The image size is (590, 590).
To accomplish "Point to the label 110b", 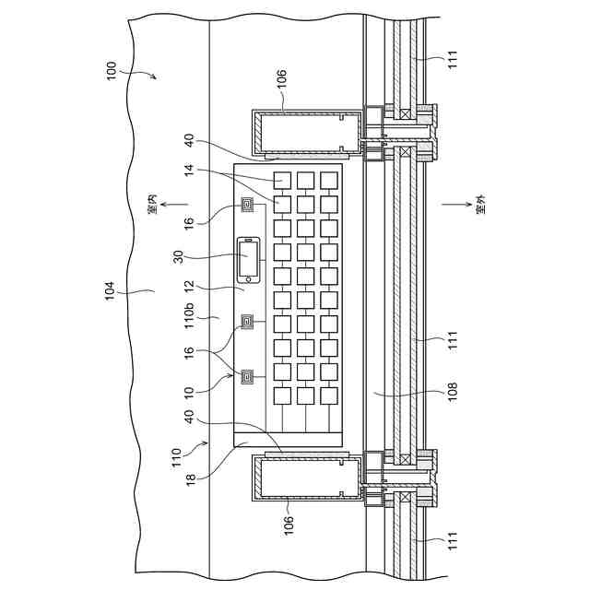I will pos(189,316).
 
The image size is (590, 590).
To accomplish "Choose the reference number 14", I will pos(189,171).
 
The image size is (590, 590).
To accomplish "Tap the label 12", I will pos(189,288).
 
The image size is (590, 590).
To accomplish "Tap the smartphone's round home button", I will pos(247,277).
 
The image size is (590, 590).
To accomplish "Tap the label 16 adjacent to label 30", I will pos(189,222).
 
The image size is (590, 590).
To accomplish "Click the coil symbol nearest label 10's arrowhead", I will pos(248,376).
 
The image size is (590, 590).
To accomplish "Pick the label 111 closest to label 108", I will pos(453,342).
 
